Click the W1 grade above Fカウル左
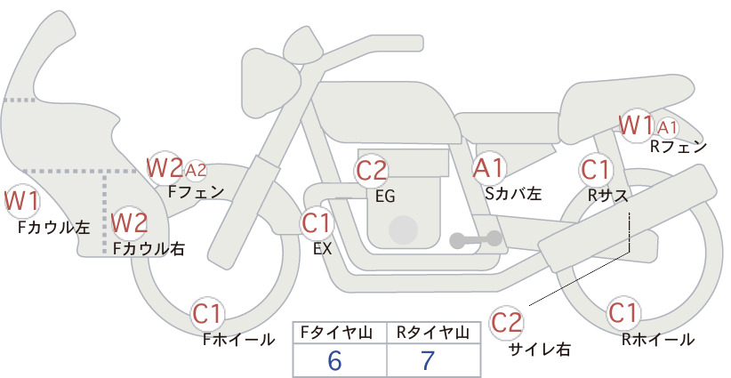21,201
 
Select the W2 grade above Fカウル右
130,222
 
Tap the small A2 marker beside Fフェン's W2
196,171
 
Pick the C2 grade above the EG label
372,171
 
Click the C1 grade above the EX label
317,223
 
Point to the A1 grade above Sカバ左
488,168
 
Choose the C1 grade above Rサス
595,170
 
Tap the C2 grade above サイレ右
506,322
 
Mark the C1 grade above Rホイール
623,313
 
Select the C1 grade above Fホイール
206,314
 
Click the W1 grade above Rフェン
637,125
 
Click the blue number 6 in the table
334,360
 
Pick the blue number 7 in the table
428,360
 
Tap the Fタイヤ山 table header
336,333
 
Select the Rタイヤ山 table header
433,333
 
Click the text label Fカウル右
149,248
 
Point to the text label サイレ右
540,350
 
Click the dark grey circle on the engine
403,230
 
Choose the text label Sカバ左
513,193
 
